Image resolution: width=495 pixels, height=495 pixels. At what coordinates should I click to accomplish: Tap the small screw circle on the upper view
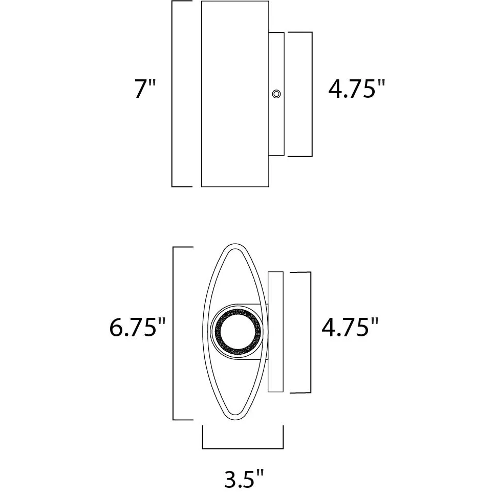pos(276,94)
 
